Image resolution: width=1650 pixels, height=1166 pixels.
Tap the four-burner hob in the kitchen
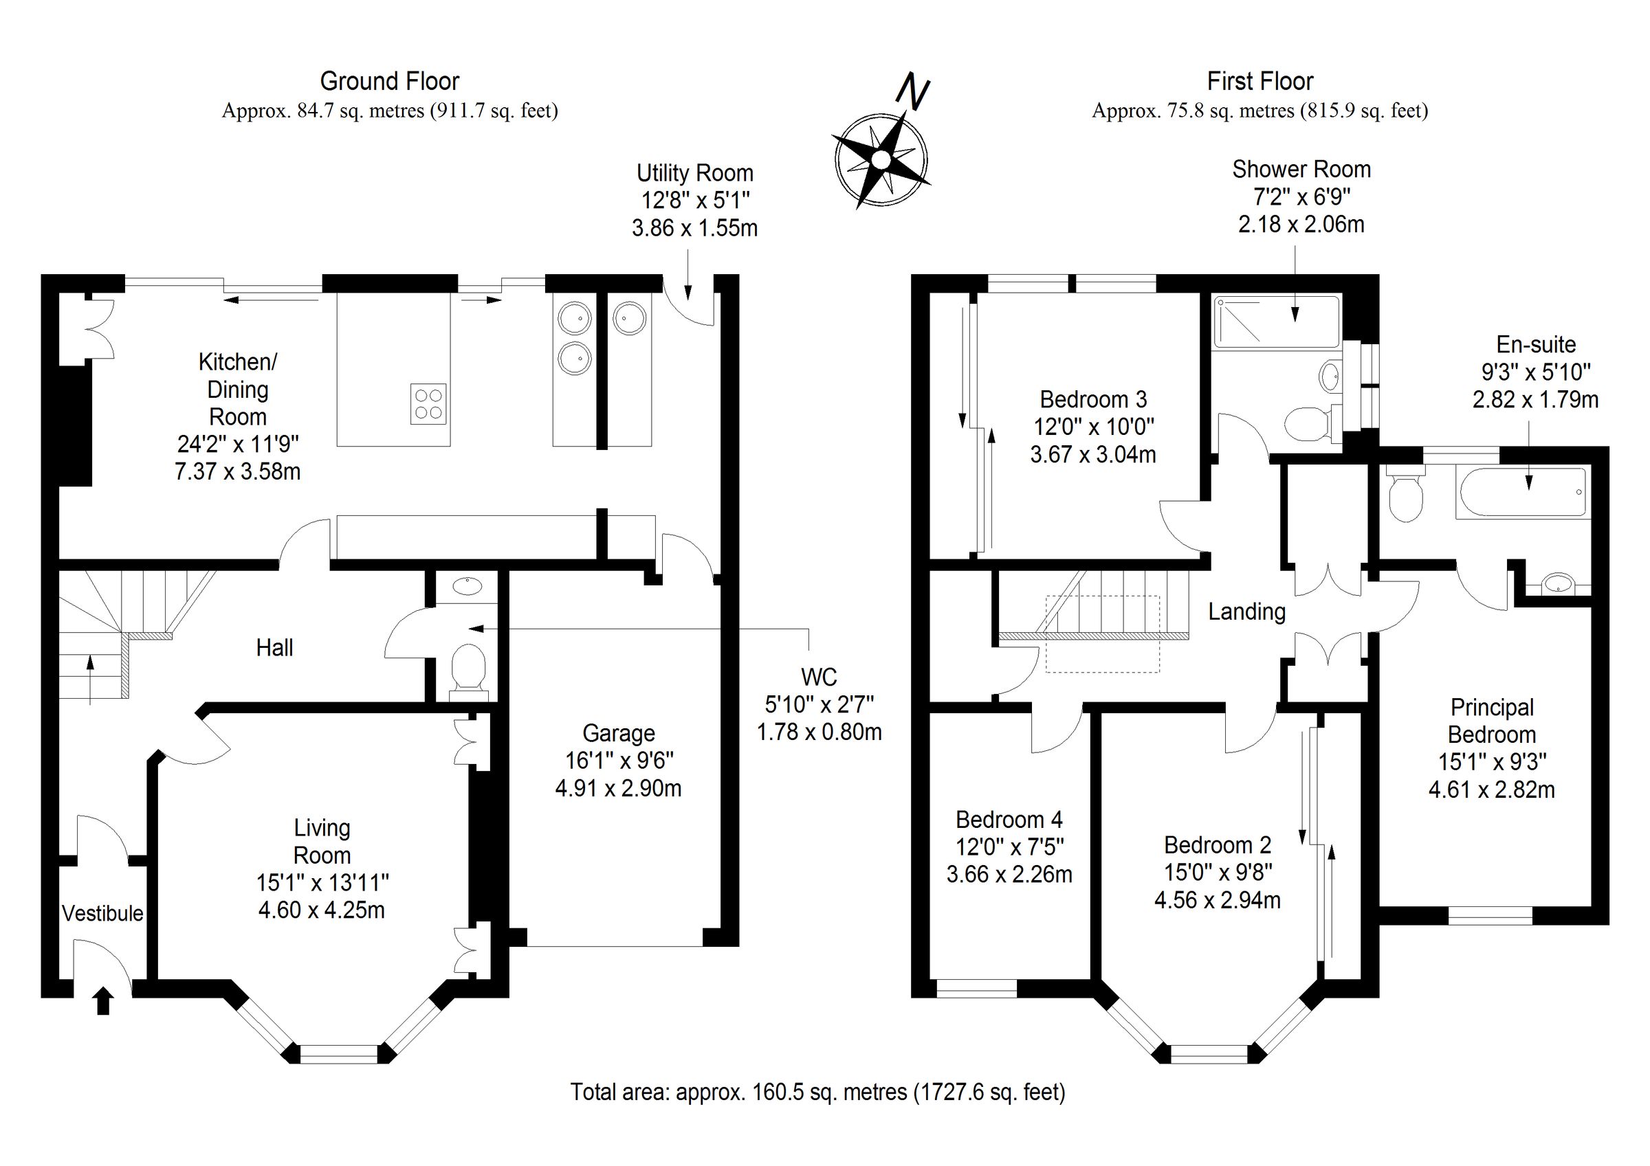coord(428,403)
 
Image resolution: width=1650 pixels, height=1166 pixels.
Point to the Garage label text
coord(618,733)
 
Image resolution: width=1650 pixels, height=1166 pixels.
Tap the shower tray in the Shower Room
coord(1276,320)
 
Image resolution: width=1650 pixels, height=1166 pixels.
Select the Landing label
coord(1246,612)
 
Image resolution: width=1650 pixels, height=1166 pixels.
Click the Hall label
coord(274,647)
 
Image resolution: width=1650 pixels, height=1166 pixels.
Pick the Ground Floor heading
coord(389,81)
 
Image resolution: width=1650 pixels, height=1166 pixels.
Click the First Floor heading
coord(1259,81)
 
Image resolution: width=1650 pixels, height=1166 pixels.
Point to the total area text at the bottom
coord(817,1092)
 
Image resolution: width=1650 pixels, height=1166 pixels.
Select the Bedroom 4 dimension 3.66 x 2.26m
coord(1009,874)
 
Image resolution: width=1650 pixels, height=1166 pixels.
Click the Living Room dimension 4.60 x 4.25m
coord(321,910)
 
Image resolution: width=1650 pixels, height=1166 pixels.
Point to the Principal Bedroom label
coord(1491,721)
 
